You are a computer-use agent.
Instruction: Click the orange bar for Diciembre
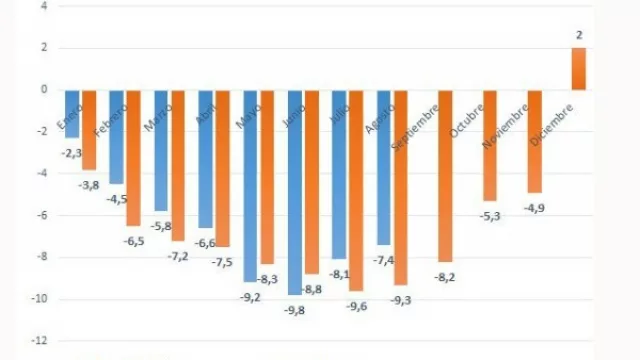[x=579, y=68]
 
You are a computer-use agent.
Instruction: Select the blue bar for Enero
[x=72, y=112]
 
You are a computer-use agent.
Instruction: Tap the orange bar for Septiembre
[x=445, y=175]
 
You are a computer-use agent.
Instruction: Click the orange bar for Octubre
[x=490, y=144]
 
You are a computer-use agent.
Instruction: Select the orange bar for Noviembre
[x=535, y=140]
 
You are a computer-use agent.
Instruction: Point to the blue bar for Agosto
[x=384, y=166]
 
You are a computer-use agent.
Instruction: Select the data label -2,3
[x=71, y=153]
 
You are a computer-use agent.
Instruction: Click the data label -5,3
[x=488, y=216]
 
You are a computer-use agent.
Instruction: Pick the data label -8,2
[x=444, y=277]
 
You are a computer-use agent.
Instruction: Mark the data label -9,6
[x=356, y=306]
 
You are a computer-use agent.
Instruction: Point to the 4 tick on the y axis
[x=42, y=6]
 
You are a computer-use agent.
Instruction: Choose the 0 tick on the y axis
[x=42, y=89]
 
